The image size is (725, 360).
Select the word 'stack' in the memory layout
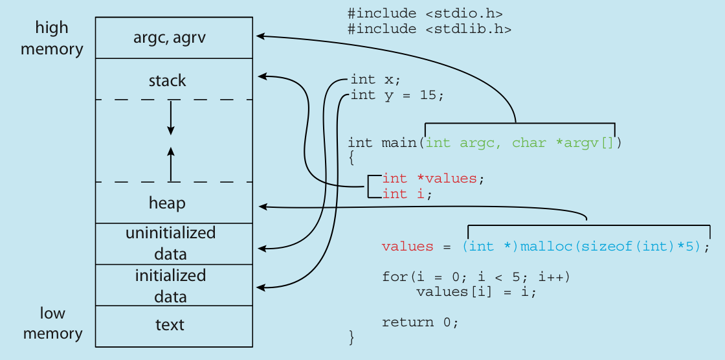click(x=167, y=81)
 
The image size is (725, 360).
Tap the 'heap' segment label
click(x=167, y=203)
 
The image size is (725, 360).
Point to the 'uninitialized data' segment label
click(x=170, y=243)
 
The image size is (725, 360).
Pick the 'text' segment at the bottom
click(x=170, y=324)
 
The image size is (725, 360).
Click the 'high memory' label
click(x=52, y=38)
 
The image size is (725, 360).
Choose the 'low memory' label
click(x=52, y=323)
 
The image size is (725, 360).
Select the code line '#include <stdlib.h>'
click(x=430, y=29)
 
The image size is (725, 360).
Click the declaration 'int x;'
click(x=375, y=80)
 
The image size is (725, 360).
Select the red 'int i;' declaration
click(x=407, y=194)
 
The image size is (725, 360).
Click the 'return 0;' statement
click(x=420, y=322)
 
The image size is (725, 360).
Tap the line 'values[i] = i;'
click(x=476, y=291)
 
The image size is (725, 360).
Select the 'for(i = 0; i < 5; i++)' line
click(x=476, y=276)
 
